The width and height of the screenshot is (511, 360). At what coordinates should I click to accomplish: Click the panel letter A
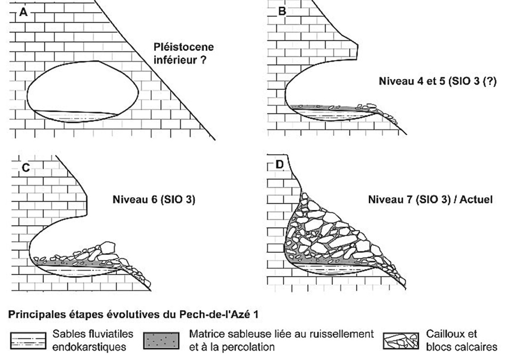(24, 12)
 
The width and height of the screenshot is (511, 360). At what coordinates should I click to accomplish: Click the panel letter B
(282, 11)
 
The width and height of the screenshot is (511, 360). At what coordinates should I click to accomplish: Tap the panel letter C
(26, 168)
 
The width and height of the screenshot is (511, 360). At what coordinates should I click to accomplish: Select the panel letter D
(280, 165)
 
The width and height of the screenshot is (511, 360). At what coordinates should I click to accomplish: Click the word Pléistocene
(184, 47)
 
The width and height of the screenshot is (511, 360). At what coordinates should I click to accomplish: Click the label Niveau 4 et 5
(412, 81)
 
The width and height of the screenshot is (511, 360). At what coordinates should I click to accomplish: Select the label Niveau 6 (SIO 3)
(154, 199)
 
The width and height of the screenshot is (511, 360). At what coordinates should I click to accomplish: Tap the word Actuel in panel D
(476, 199)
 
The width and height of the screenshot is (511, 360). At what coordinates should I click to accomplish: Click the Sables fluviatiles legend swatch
(28, 341)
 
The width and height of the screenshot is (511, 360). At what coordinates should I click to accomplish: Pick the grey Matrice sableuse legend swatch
(161, 341)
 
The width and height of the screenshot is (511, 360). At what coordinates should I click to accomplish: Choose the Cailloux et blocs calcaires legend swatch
(401, 341)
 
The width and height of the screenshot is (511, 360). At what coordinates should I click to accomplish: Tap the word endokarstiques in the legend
(89, 347)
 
